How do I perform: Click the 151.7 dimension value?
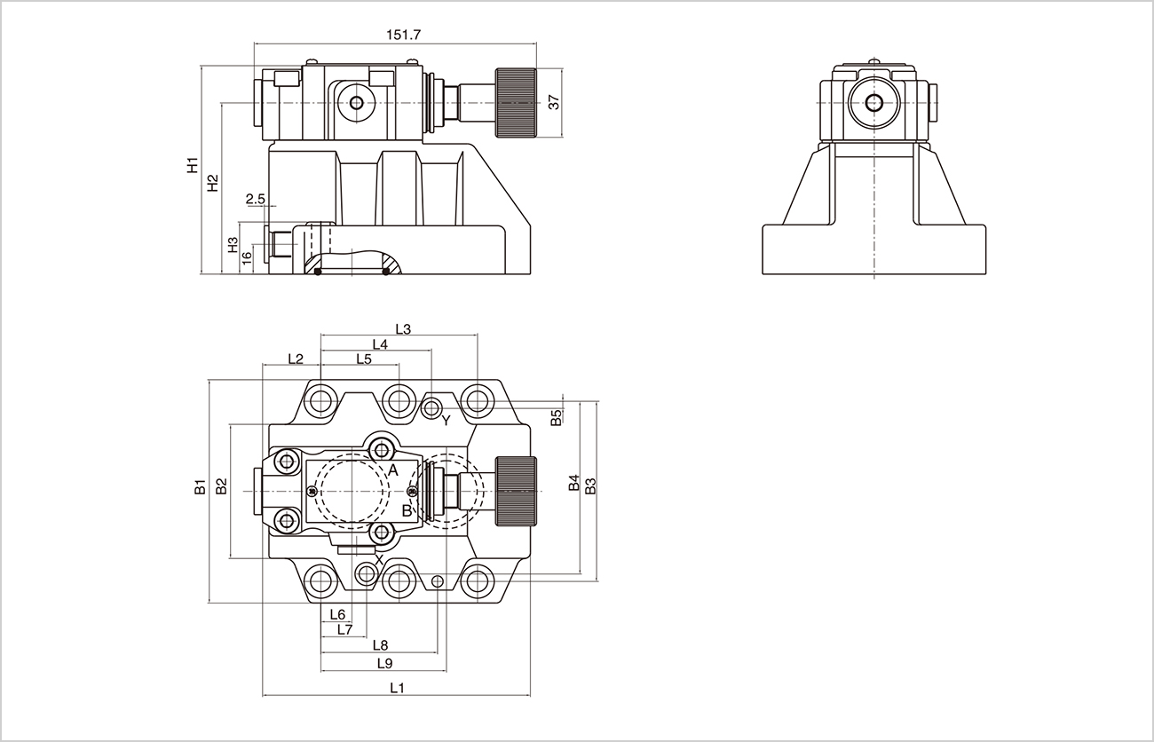point(403,35)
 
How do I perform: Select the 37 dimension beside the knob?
point(554,102)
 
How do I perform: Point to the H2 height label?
point(212,183)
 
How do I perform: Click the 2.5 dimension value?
point(255,200)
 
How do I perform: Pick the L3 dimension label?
point(402,329)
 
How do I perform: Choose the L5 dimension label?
point(363,359)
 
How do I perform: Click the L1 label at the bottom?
point(397,688)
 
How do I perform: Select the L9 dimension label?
point(384,663)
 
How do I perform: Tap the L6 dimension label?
point(336,614)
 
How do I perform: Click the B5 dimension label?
point(556,417)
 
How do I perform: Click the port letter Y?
point(446,419)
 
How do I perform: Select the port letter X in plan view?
point(379,559)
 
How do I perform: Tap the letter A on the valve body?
point(392,470)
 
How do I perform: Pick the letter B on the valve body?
point(407,510)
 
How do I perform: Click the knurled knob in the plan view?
point(516,490)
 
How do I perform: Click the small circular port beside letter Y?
point(431,408)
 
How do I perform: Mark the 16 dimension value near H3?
point(248,257)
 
